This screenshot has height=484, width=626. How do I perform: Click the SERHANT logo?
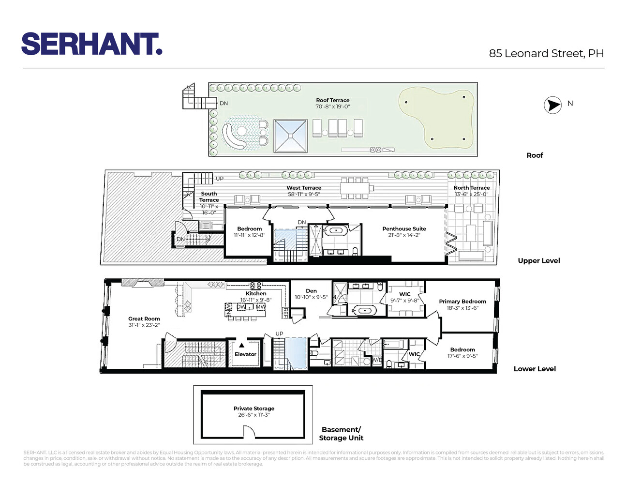(92, 44)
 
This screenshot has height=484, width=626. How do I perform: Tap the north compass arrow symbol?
(552, 105)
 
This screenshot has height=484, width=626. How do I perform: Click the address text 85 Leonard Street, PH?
(546, 53)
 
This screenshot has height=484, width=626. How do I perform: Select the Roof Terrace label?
(332, 100)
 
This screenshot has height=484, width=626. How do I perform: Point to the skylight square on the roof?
(290, 136)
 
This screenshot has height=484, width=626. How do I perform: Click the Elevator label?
(245, 354)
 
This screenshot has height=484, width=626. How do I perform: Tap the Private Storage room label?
(253, 408)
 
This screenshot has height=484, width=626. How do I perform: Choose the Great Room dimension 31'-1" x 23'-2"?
(144, 325)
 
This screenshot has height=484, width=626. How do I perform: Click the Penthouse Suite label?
(404, 228)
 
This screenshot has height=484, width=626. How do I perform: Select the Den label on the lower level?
(311, 291)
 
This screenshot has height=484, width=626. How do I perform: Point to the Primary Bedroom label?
(462, 301)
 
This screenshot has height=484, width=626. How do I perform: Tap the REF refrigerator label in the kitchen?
(285, 313)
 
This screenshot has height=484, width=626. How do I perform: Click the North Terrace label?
(471, 188)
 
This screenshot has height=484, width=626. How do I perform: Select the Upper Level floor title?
(538, 260)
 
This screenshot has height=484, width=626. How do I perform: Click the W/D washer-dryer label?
(376, 360)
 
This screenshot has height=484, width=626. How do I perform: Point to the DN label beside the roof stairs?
(224, 103)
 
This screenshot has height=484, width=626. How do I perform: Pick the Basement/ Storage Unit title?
(341, 434)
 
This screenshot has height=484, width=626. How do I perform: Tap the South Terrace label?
(209, 197)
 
